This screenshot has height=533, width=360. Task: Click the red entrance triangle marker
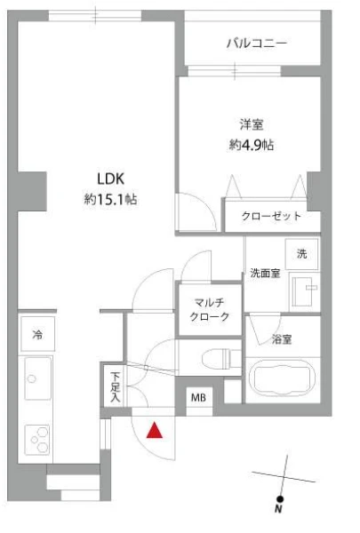155,430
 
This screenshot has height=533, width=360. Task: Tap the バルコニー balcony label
257,44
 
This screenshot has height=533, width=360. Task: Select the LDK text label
111,179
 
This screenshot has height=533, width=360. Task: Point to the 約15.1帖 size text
110,199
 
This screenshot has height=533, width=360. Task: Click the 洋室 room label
252,124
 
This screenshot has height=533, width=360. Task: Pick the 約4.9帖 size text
252,145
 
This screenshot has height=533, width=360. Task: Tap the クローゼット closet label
271,216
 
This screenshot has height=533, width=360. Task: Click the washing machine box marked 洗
301,254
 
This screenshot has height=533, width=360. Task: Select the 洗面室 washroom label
265,273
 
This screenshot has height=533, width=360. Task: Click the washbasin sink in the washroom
305,291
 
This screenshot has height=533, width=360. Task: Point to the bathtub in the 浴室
282,378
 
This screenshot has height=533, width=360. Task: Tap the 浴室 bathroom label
282,339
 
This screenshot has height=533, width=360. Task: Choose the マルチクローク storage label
210,309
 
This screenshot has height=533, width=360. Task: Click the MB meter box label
198,397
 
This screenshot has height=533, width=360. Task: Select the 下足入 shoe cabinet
116,386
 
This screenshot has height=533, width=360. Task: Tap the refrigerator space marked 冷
37,334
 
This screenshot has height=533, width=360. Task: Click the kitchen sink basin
38,378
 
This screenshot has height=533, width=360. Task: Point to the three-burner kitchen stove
37,440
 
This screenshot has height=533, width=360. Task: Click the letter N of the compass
278,509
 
